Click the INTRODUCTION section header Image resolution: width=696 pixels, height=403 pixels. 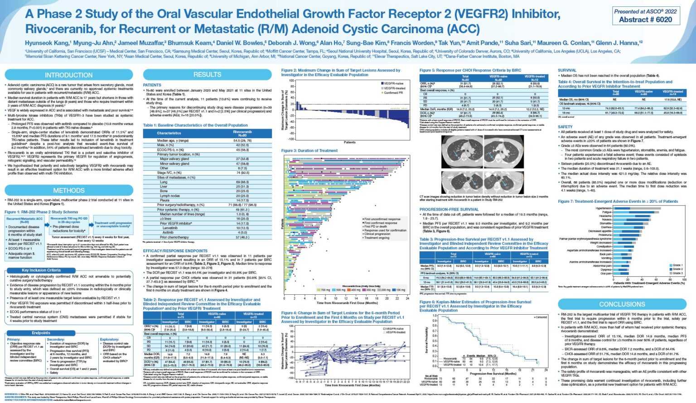pyautogui.click(x=68, y=75)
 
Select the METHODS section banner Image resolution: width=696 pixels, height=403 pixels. pyautogui.click(x=68, y=191)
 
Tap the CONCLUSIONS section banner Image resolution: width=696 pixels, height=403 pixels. pyautogui.click(x=622, y=304)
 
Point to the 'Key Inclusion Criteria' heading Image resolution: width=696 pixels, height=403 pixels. pyautogui.click(x=41, y=270)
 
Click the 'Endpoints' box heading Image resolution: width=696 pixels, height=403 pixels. pyautogui.click(x=41, y=333)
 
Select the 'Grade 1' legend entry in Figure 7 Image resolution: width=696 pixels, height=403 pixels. pyautogui.click(x=677, y=265)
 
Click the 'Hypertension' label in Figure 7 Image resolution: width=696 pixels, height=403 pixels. pyautogui.click(x=604, y=208)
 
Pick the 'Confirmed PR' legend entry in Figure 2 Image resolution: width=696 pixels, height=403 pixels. pyautogui.click(x=393, y=93)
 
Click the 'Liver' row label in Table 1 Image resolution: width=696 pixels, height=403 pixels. pyautogui.click(x=164, y=187)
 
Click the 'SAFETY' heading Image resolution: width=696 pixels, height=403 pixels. pyautogui.click(x=565, y=127)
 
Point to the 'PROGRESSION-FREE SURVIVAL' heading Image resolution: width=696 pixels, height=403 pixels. pyautogui.click(x=449, y=210)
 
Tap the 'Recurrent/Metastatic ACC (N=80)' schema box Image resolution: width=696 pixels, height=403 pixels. pyautogui.click(x=24, y=221)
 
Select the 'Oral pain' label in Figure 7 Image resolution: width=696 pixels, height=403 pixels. pyautogui.click(x=606, y=273)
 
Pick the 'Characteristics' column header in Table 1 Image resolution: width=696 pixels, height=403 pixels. pyautogui.click(x=169, y=133)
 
